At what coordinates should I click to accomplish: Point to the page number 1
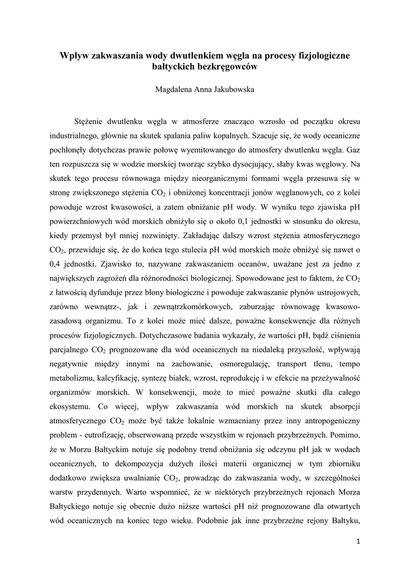pos(358,541)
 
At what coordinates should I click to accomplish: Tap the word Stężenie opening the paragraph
pos(90,122)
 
